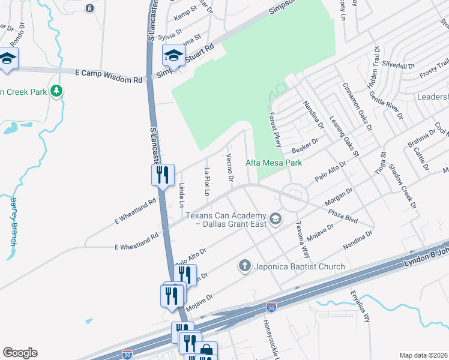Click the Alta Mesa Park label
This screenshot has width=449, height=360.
(273, 163)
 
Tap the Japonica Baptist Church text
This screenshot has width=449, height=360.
(299, 266)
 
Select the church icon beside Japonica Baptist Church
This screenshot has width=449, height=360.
(244, 265)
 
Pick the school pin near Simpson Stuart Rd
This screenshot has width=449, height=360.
(173, 56)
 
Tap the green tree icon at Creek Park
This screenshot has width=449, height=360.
(57, 91)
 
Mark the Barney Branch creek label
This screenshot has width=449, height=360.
(13, 222)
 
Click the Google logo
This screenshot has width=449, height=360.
(20, 353)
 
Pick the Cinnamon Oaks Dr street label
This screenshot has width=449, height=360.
(358, 106)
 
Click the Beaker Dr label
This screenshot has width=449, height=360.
(304, 145)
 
